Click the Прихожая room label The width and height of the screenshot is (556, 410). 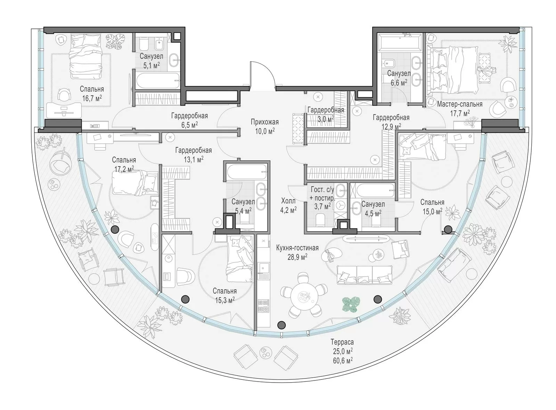pyautogui.click(x=265, y=122)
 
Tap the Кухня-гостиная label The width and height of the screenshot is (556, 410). pyautogui.click(x=297, y=248)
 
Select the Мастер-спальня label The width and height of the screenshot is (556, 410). pyautogui.click(x=460, y=104)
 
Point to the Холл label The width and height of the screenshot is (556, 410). pyautogui.click(x=288, y=201)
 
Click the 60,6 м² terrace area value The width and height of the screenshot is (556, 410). pyautogui.click(x=343, y=360)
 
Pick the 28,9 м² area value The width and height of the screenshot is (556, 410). pyautogui.click(x=297, y=257)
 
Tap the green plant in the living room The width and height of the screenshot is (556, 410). pyautogui.click(x=351, y=304)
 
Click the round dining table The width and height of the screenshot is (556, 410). pyautogui.click(x=304, y=298)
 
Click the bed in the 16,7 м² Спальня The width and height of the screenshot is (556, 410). pyautogui.click(x=85, y=57)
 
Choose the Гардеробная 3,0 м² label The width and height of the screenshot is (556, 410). pyautogui.click(x=326, y=114)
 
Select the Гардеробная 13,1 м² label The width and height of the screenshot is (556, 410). pyautogui.click(x=193, y=154)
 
